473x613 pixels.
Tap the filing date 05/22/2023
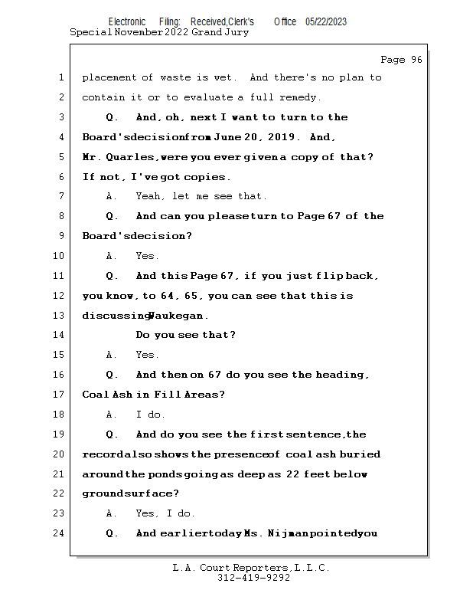pos(325,21)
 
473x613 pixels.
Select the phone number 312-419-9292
pos(253,578)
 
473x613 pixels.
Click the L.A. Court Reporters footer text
pos(251,568)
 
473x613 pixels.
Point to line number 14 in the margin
pos(59,335)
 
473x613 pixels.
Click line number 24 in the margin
pos(59,533)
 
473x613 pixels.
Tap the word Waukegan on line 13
pos(178,316)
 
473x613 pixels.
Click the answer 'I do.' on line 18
pos(151,415)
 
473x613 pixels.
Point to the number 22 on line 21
pos(292,474)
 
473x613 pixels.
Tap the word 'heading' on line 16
pos(342,375)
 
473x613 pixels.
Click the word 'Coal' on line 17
pos(95,395)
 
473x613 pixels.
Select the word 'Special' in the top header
pos(90,32)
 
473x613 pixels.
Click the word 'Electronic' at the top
pos(127,21)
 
